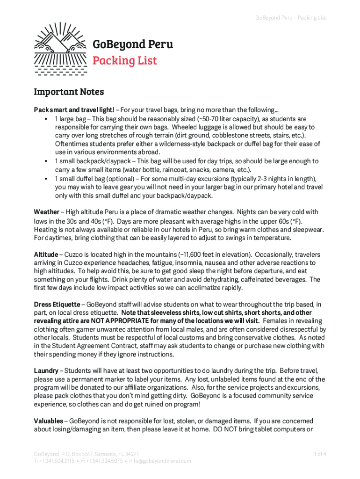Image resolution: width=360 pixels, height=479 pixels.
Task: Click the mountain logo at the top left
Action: tap(60, 49)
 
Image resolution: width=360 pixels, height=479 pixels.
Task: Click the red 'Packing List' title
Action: tap(124, 61)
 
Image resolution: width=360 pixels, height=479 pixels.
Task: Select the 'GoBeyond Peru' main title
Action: tap(132, 44)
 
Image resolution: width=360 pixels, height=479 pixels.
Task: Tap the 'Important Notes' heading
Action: tap(69, 92)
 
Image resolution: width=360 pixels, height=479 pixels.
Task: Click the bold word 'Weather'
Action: tap(46, 212)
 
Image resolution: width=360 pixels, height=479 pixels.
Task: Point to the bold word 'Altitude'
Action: tap(46, 254)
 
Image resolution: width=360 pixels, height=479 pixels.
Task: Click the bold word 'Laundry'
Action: tap(46, 370)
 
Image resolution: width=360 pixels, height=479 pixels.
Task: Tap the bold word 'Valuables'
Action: tap(49, 421)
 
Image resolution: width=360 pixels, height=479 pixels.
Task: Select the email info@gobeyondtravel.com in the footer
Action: tap(161, 461)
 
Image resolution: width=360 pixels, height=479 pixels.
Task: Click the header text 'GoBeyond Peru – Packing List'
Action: tap(290, 18)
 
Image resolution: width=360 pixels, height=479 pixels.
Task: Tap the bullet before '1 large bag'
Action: tap(46, 118)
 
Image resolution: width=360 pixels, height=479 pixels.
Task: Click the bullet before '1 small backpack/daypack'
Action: tap(46, 161)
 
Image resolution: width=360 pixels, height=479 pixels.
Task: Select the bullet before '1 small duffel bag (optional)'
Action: tap(46, 179)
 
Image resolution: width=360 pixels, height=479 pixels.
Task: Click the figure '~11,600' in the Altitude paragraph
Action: tap(190, 254)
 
